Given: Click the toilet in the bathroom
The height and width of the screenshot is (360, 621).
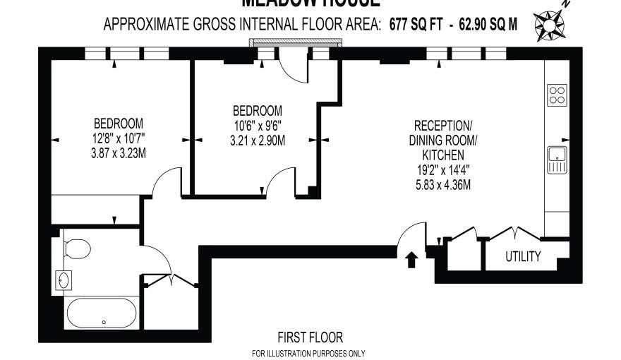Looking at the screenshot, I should point(76,248).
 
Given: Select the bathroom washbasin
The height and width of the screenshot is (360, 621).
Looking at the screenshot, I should point(64,280).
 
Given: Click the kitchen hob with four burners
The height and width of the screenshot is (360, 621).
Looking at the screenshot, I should point(557,95).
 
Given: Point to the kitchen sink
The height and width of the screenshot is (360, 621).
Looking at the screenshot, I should point(557,160).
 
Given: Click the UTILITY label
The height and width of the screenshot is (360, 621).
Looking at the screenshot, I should point(523,256).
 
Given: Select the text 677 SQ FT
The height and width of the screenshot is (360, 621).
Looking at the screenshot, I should point(416,25).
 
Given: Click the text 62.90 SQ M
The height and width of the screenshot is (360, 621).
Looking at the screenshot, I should point(488,25).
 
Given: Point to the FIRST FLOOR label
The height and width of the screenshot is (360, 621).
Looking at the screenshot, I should point(310,337).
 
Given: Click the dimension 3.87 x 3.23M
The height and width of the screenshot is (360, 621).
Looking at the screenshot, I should point(119,152).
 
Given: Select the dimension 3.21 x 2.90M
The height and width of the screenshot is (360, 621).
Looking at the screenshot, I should point(258,140).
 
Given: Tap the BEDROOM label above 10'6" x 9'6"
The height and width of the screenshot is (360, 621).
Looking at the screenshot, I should point(258,111).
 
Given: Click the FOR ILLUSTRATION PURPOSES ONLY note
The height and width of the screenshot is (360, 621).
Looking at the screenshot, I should point(308,353).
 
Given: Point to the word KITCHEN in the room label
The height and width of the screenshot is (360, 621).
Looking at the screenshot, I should point(442,155).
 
